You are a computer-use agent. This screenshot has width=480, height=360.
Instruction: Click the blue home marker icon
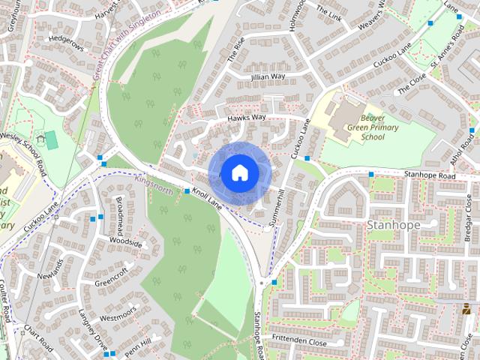[239, 172]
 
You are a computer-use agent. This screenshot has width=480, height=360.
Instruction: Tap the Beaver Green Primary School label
[361, 128]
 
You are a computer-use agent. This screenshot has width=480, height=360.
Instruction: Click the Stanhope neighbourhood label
[392, 224]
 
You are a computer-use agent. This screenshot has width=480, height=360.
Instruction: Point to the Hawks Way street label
[247, 118]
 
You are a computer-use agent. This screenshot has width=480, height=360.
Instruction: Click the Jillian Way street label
[268, 76]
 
